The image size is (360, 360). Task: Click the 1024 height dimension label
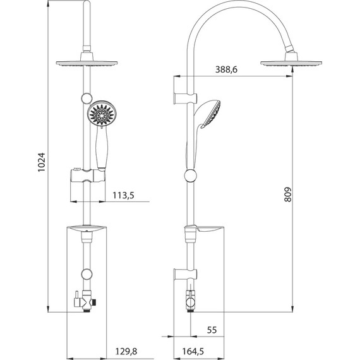pyautogui.click(x=42, y=162)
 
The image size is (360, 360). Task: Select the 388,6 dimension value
pyautogui.click(x=226, y=69)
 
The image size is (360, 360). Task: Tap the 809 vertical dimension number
pyautogui.click(x=287, y=195)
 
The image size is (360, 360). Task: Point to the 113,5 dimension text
pyautogui.click(x=124, y=195)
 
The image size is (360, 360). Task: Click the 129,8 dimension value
pyautogui.click(x=126, y=351)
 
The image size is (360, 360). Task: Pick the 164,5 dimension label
pyautogui.click(x=193, y=351)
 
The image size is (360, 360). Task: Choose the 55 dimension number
pyautogui.click(x=212, y=330)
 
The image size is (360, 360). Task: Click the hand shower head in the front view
pyautogui.click(x=102, y=114)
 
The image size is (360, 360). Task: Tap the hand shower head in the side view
pyautogui.click(x=208, y=113)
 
